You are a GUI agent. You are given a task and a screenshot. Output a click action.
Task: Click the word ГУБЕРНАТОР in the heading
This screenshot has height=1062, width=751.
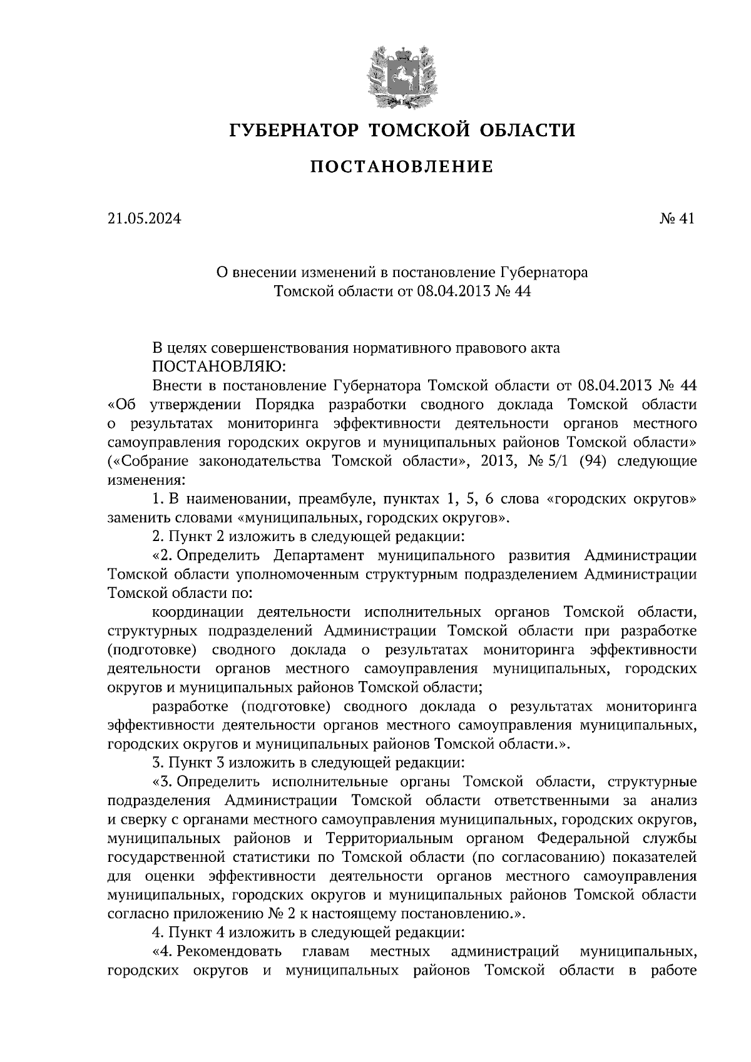point(294,130)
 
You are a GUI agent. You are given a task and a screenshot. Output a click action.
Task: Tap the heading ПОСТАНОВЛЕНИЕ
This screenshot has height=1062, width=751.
point(402,166)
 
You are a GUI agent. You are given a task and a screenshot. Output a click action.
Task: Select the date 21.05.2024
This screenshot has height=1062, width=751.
point(144,219)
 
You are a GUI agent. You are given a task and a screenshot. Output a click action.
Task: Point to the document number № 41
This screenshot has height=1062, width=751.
point(677,219)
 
